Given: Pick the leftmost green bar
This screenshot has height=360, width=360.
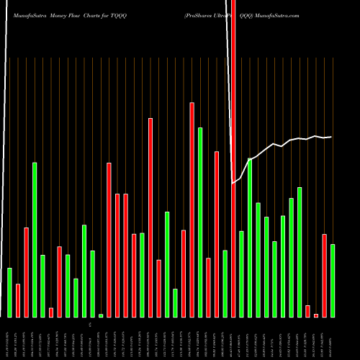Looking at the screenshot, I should (10, 292).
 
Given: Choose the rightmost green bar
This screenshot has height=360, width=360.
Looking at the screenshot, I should (332, 281).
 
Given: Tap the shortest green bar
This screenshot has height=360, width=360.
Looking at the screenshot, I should (101, 315).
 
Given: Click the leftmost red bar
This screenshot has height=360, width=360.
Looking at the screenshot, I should (18, 300).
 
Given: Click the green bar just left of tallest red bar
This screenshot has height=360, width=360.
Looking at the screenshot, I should (225, 284).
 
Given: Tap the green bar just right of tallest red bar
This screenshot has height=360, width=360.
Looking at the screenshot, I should (241, 274).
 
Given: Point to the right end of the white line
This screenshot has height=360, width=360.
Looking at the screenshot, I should (331, 137).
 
